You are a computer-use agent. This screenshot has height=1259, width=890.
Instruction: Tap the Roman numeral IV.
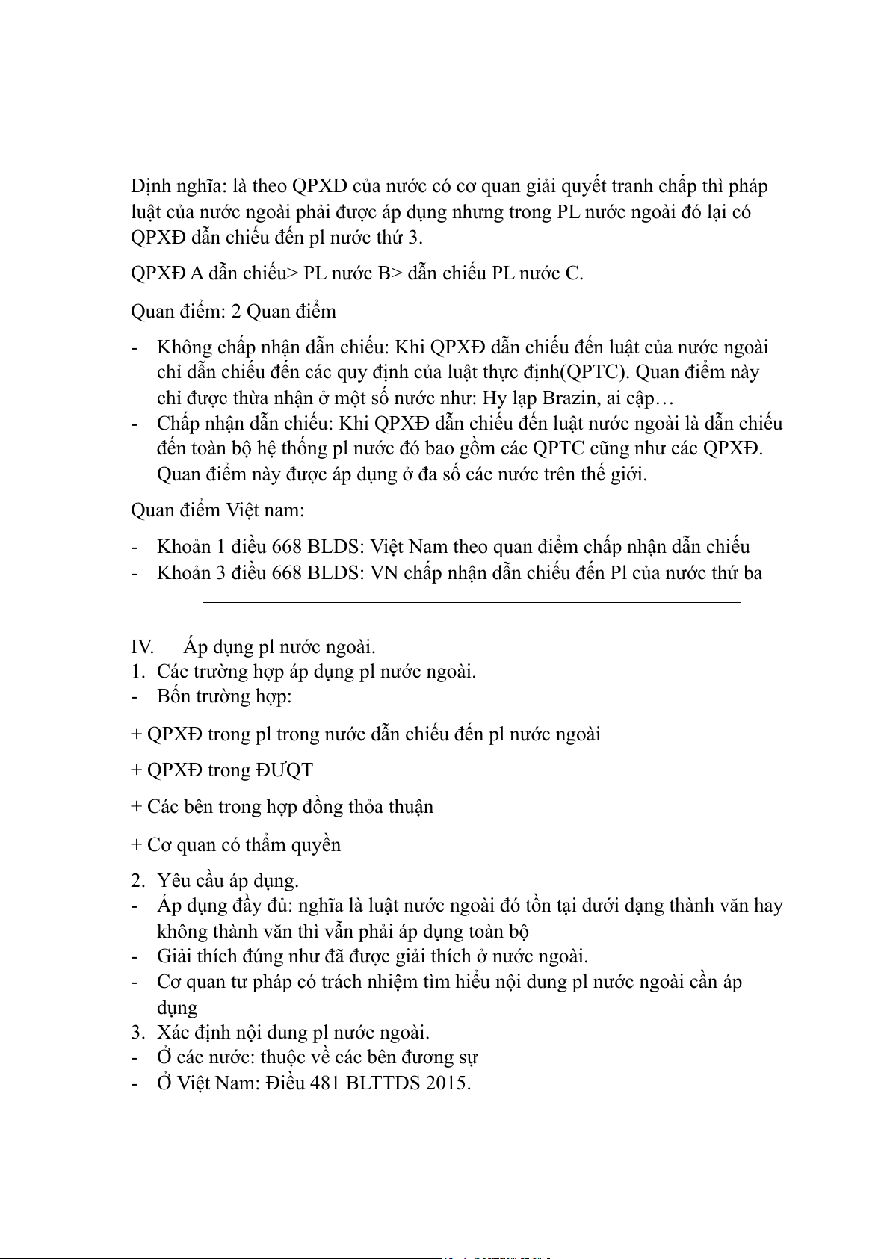coord(142,647)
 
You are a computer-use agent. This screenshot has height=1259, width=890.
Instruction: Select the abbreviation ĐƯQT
coord(284,770)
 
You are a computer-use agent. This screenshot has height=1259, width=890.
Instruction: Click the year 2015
coord(448,1083)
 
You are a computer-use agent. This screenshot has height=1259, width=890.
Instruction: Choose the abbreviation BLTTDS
coord(383,1083)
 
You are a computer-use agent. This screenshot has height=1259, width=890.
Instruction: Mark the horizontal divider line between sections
coord(471,601)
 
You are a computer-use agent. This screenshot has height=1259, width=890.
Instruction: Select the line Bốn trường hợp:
coord(224,696)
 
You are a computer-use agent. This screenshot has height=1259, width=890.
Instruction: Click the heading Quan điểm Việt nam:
coord(217,510)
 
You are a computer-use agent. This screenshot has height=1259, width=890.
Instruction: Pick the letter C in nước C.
coord(572,273)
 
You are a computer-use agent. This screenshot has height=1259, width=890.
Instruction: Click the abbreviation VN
coord(384,573)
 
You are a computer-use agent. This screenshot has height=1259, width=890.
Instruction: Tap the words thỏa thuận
coord(401,807)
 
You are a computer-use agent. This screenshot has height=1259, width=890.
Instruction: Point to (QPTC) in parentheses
coord(597,372)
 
